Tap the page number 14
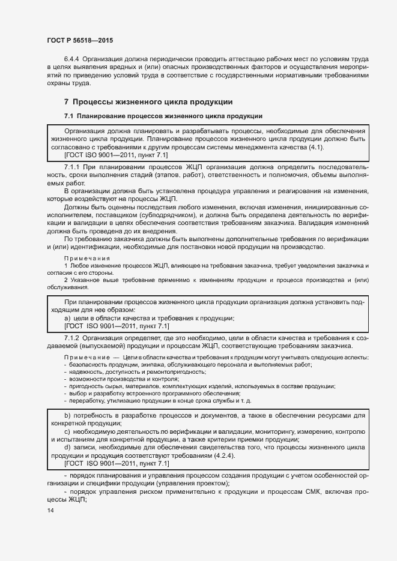click(x=50, y=510)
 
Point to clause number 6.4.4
click(x=72, y=59)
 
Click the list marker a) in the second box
click(x=67, y=318)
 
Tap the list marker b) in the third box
click(x=67, y=415)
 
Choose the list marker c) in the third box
click(x=67, y=431)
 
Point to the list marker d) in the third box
click(x=67, y=448)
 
